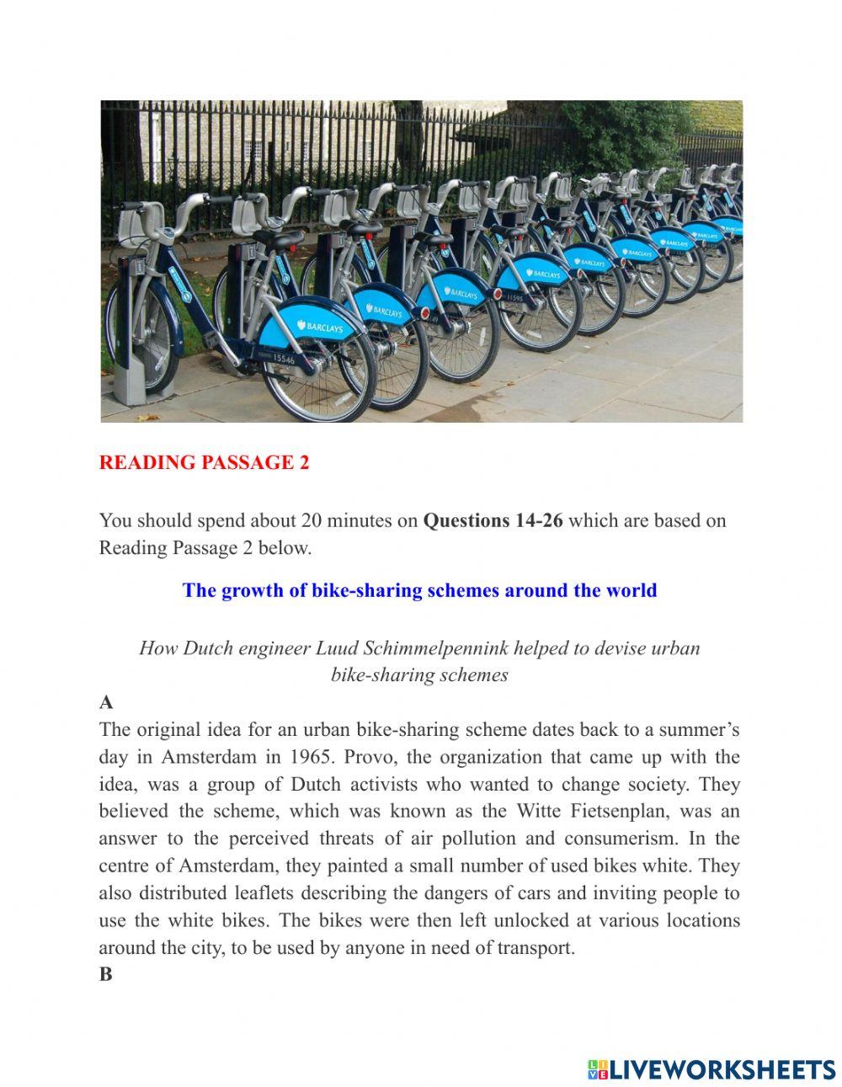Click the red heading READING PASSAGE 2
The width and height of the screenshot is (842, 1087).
(x=204, y=463)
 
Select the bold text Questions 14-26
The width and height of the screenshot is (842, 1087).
(x=493, y=520)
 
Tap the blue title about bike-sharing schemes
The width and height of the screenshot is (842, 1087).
(x=419, y=590)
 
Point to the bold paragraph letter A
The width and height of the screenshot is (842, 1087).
(x=106, y=702)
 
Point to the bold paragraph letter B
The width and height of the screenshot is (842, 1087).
(x=105, y=974)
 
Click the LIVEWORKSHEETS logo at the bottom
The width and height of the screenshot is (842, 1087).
(x=711, y=1069)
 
